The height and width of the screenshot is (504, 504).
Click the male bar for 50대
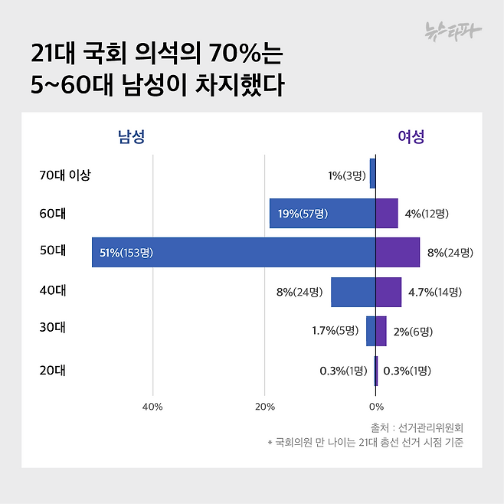[x=234, y=252]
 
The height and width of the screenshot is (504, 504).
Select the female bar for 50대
[x=398, y=252]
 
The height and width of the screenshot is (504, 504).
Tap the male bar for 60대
[x=322, y=213]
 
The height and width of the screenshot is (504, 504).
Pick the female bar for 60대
[x=387, y=213]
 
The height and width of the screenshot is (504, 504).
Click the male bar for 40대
[x=353, y=292]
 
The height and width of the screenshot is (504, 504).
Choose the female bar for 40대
[x=388, y=292]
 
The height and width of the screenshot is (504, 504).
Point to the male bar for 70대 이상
[x=372, y=174]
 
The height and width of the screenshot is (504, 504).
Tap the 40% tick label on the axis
[x=152, y=406]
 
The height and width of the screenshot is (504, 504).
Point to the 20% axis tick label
[x=264, y=406]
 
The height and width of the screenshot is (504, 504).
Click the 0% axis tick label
[x=375, y=406]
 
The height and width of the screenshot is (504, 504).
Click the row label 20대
[x=52, y=371]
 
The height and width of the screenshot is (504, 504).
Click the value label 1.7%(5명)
[x=335, y=332]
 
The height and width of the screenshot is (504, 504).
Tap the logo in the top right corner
[x=453, y=31]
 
